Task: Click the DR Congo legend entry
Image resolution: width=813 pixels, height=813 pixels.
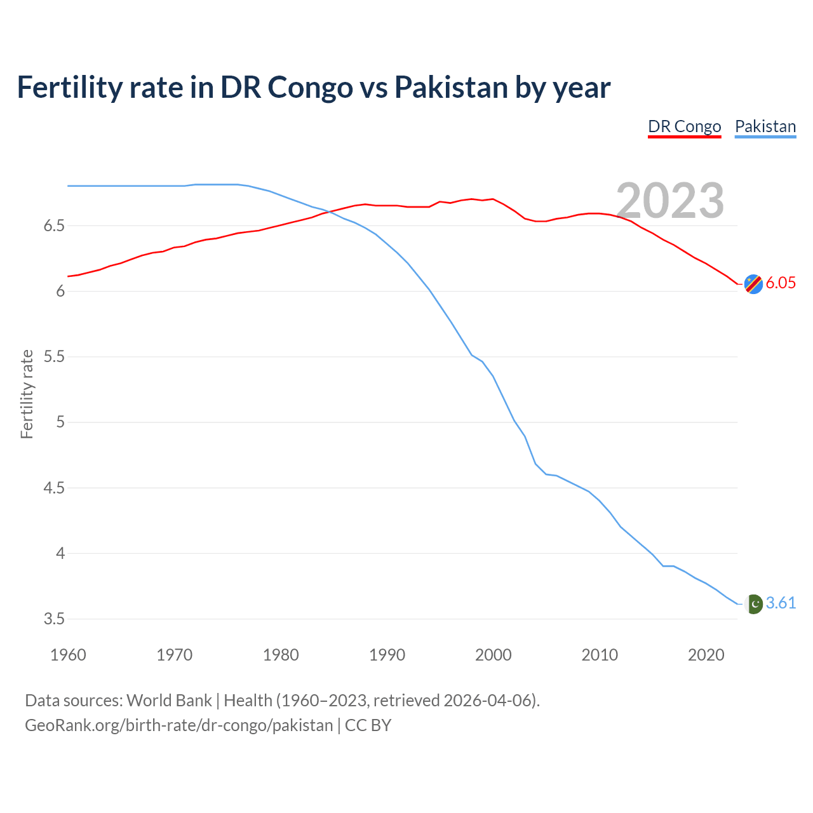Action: point(684,126)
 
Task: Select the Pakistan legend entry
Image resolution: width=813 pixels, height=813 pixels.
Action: point(765,126)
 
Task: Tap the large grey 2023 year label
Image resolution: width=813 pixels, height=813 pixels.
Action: point(670,201)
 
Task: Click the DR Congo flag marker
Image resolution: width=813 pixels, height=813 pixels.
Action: point(753,284)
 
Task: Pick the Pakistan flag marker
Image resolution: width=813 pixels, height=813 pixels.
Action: point(753,603)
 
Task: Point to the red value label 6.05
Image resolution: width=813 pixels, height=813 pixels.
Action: point(781,283)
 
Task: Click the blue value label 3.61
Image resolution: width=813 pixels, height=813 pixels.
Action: point(781,603)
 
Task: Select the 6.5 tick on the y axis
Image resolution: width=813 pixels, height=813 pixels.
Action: point(54,226)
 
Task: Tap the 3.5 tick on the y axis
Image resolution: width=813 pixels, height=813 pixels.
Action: point(54,619)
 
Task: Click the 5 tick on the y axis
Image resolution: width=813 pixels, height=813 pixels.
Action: point(60,422)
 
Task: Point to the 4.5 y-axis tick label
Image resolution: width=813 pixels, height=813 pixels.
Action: point(54,488)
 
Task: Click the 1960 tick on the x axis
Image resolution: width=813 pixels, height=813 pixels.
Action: point(68,655)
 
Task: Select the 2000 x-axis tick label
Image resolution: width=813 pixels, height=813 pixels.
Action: point(493,655)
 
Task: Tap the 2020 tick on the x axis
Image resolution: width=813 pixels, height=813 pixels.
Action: point(706,655)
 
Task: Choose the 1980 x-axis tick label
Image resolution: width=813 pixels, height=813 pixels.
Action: point(281,655)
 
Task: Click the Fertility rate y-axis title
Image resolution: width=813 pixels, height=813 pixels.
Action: point(27,394)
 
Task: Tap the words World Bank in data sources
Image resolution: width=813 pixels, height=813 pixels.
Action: point(169,701)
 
